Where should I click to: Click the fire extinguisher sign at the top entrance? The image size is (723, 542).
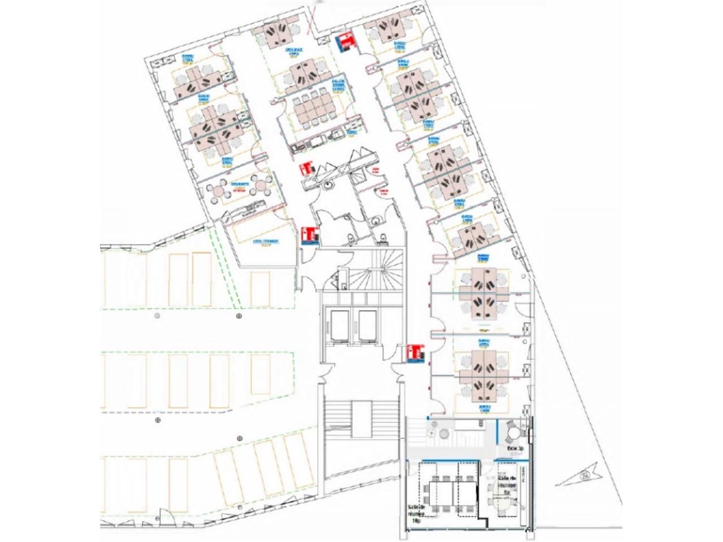click(345, 42)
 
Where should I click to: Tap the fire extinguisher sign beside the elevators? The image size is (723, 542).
click(415, 353)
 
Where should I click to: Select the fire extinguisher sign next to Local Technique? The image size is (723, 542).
click(310, 235)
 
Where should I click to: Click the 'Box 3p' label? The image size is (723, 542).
click(515, 449)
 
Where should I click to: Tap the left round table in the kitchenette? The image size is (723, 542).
click(217, 190)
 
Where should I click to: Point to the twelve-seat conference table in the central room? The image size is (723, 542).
click(312, 108)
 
